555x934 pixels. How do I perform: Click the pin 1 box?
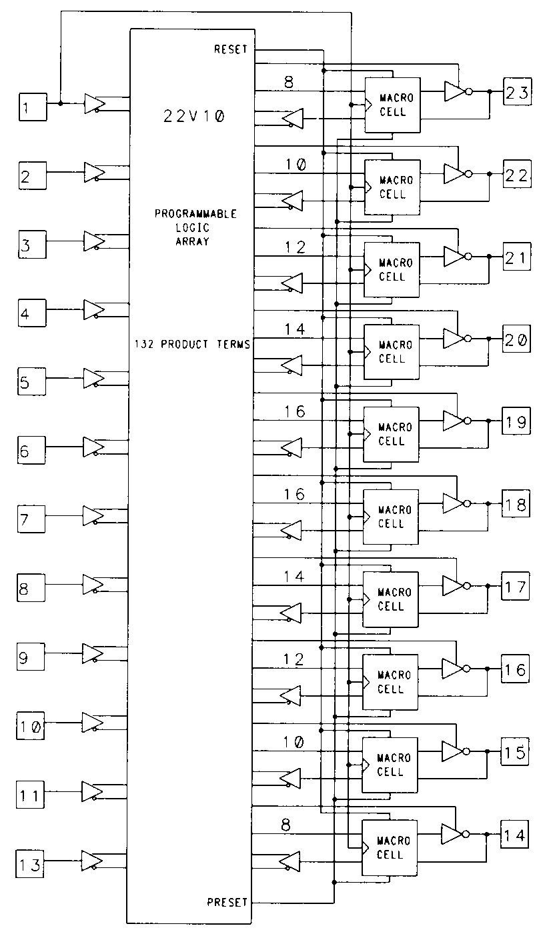pyautogui.click(x=32, y=107)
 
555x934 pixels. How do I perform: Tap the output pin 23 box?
pyautogui.click(x=517, y=93)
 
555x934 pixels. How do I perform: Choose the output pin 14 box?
pyautogui.click(x=516, y=835)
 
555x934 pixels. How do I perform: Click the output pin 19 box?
pyautogui.click(x=516, y=422)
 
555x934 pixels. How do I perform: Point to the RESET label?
pyautogui.click(x=231, y=50)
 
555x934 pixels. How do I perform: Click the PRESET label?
pyautogui.click(x=227, y=902)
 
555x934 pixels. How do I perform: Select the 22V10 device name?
pyautogui.click(x=194, y=115)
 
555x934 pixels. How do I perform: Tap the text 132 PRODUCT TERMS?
pyautogui.click(x=191, y=345)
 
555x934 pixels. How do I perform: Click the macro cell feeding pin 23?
pyautogui.click(x=392, y=105)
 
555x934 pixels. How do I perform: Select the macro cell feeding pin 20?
pyautogui.click(x=392, y=352)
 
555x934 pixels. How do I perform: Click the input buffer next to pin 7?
pyautogui.click(x=93, y=517)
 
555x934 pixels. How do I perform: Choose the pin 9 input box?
pyautogui.click(x=32, y=657)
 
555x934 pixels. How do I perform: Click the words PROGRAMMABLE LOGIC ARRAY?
pyautogui.click(x=195, y=227)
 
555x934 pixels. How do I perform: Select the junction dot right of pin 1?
pyautogui.click(x=61, y=103)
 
